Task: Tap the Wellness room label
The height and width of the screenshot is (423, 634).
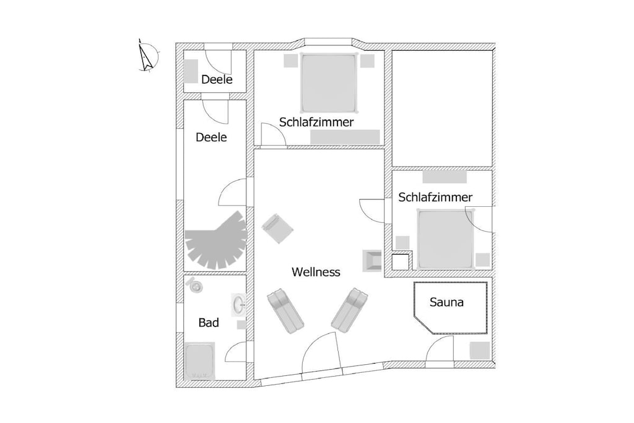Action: point(316,272)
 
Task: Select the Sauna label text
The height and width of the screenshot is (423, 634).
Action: point(446,302)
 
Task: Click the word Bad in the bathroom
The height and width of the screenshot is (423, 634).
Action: point(209,322)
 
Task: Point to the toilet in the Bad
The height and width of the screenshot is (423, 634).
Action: point(195,286)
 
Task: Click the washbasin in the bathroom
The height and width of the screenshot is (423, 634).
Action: point(239,305)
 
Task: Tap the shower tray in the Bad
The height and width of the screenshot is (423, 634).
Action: point(200,360)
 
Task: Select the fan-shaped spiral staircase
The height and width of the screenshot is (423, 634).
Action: point(217,241)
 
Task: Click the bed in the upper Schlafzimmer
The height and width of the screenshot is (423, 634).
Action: point(329,82)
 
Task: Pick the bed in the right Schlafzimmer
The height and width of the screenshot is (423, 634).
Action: point(445,238)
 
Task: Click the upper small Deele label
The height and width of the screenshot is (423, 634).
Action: point(217,79)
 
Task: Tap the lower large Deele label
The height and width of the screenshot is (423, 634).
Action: point(211,137)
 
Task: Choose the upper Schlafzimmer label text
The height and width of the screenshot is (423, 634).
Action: point(316,122)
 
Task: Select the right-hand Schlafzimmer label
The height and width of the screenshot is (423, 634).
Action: point(435,197)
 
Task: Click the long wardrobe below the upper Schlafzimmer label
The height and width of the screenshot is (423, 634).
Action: point(345,137)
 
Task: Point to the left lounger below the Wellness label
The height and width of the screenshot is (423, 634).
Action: point(285,310)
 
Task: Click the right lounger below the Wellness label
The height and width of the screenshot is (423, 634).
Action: point(349,310)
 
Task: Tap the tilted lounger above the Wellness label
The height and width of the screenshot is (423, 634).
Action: point(277,229)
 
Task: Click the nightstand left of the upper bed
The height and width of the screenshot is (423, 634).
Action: point(290,60)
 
